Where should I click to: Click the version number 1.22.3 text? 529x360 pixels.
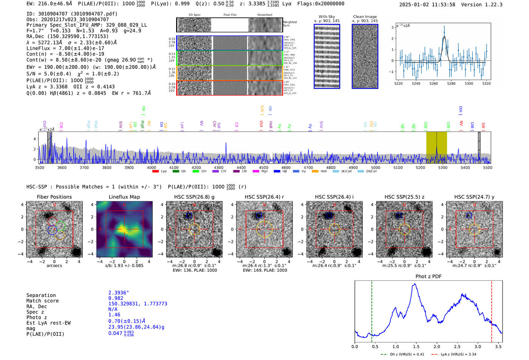(x=493, y=5)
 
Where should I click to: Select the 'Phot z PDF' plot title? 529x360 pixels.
(x=428, y=277)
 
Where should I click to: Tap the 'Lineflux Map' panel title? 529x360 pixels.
(x=124, y=197)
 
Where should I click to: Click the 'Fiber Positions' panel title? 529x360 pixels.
(x=54, y=197)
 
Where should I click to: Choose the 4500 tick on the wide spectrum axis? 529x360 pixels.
(x=263, y=168)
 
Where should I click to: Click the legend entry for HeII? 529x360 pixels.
(x=320, y=172)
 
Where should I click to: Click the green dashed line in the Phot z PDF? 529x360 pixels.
(x=372, y=310)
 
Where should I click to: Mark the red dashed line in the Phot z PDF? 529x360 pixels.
(x=492, y=310)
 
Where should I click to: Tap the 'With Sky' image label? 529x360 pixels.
(x=327, y=17)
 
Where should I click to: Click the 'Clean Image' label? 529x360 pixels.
(x=365, y=17)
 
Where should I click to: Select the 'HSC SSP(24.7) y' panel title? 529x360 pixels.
(x=474, y=197)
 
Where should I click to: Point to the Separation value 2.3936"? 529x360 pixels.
(x=118, y=293)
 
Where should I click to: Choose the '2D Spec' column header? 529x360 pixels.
(x=195, y=15)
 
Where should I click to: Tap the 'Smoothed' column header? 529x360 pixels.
(x=264, y=15)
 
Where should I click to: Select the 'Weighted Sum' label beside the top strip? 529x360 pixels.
(x=289, y=24)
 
